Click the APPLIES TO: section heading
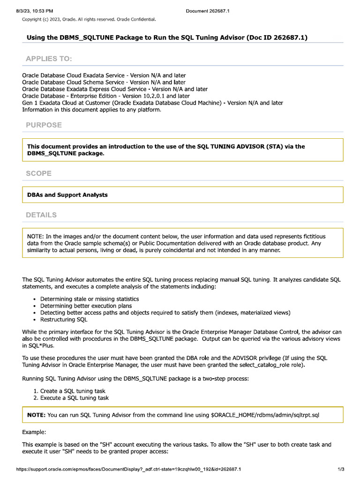point(49,59)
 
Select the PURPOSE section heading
point(44,125)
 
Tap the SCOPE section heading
point(38,173)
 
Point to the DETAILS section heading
point(41,215)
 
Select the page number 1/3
point(341,469)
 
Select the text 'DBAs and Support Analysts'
point(67,195)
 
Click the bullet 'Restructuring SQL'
point(64,320)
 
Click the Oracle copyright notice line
point(89,19)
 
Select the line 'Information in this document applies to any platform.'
point(91,110)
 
